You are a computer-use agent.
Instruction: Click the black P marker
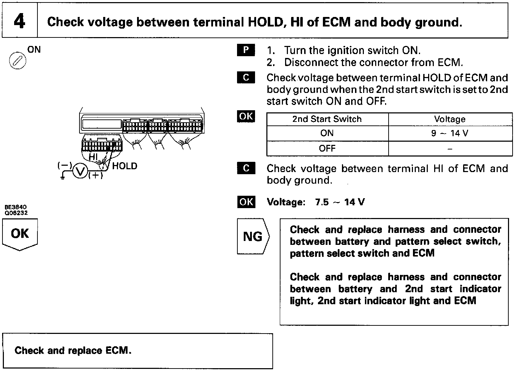coord(246,51)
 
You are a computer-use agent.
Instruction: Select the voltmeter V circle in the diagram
coord(80,172)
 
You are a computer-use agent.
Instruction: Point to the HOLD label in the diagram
coord(124,166)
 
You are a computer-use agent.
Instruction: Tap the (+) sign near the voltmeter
coord(95,176)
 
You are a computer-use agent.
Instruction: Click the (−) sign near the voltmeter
coord(65,165)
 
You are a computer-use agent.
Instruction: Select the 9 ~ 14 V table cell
coord(450,134)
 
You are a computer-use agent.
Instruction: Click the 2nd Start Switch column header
coord(327,119)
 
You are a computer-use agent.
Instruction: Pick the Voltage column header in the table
coord(450,119)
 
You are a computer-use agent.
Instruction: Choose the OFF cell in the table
coord(327,148)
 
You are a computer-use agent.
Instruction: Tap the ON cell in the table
coord(327,133)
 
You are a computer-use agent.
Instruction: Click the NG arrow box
coord(253,236)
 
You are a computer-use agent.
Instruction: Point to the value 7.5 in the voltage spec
coord(321,202)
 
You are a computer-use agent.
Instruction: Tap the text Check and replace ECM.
coord(73,351)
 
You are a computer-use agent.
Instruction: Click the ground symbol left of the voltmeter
coord(63,177)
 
